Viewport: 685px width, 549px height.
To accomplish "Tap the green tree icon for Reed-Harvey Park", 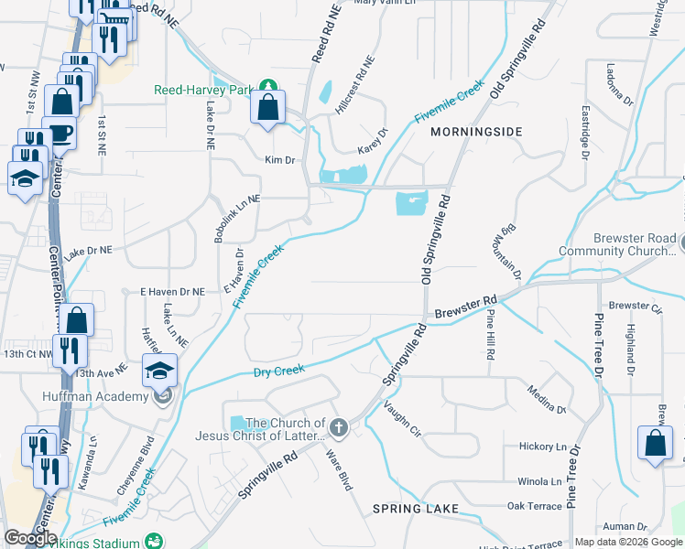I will point(267,84).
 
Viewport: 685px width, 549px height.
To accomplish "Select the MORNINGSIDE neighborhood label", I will point(476,132).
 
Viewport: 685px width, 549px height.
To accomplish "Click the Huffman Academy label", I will point(95,396).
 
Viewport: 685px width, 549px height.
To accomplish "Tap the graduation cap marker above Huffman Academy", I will point(159,370).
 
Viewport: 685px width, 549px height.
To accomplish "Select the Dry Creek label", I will point(278,371).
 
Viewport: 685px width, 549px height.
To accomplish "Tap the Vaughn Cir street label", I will point(401,418).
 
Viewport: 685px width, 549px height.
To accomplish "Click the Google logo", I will point(30,538).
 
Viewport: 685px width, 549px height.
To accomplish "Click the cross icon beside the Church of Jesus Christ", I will point(339,427).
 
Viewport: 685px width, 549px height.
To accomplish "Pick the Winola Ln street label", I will point(539,481).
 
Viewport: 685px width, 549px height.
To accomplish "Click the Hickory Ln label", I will point(543,447).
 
